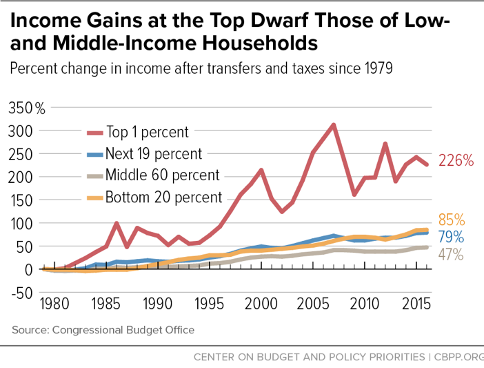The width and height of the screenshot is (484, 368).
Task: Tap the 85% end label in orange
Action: click(452, 221)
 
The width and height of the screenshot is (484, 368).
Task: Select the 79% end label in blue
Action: click(452, 238)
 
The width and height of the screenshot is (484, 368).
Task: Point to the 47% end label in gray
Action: click(450, 254)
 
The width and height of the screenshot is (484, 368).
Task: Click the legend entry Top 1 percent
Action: click(148, 132)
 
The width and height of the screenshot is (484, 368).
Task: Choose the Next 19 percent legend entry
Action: click(154, 153)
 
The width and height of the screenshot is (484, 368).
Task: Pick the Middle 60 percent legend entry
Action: click(163, 175)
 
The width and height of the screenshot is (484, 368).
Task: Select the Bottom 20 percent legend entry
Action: click(165, 197)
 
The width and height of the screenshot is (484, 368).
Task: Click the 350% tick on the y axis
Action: click(26, 108)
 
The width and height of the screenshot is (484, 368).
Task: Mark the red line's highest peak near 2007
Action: click(334, 125)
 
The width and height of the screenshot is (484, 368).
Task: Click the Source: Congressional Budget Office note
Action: click(103, 330)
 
